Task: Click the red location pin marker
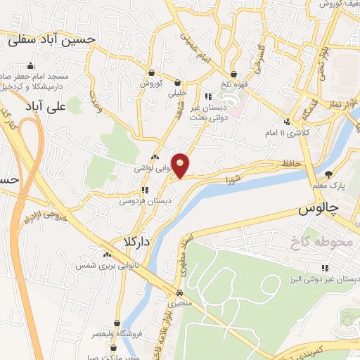click(x=181, y=166)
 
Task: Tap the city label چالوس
click(x=319, y=210)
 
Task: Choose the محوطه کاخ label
click(x=319, y=243)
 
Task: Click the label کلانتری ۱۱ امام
click(x=280, y=132)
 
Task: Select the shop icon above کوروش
click(x=151, y=73)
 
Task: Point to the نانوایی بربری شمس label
click(x=105, y=266)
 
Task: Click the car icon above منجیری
click(x=180, y=292)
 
